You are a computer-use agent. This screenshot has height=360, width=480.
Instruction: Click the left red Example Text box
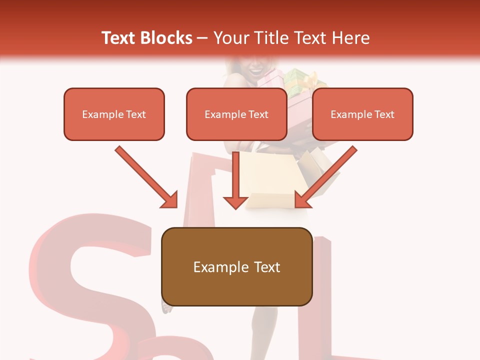pyautogui.click(x=114, y=114)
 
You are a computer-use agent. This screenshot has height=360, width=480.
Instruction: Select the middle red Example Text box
pyautogui.click(x=236, y=114)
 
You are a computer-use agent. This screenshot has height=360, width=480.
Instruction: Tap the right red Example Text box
pyautogui.click(x=362, y=114)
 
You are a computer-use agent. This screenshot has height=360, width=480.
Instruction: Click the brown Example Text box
pyautogui.click(x=236, y=266)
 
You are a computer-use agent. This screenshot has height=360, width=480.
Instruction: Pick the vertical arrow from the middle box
pyautogui.click(x=235, y=180)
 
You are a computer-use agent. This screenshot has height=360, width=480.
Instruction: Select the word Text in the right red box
pyautogui.click(x=384, y=114)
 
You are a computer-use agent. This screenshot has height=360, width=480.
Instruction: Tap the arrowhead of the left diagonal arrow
pyautogui.click(x=170, y=200)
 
